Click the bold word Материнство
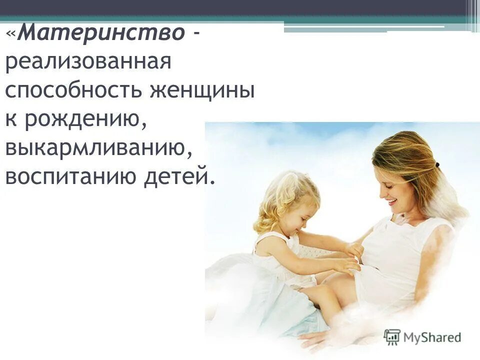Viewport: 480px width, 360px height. coord(103,34)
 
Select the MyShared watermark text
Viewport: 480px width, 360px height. coord(432,336)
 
